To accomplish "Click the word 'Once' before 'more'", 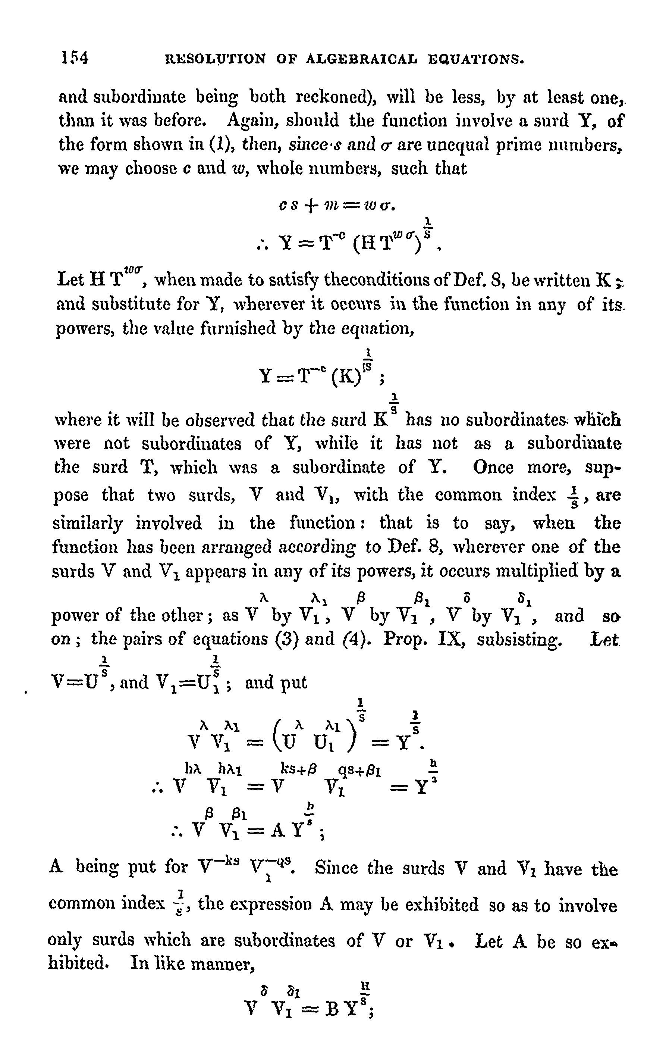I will (x=493, y=467).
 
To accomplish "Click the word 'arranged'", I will (x=239, y=547).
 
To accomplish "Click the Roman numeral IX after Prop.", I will (x=452, y=639).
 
